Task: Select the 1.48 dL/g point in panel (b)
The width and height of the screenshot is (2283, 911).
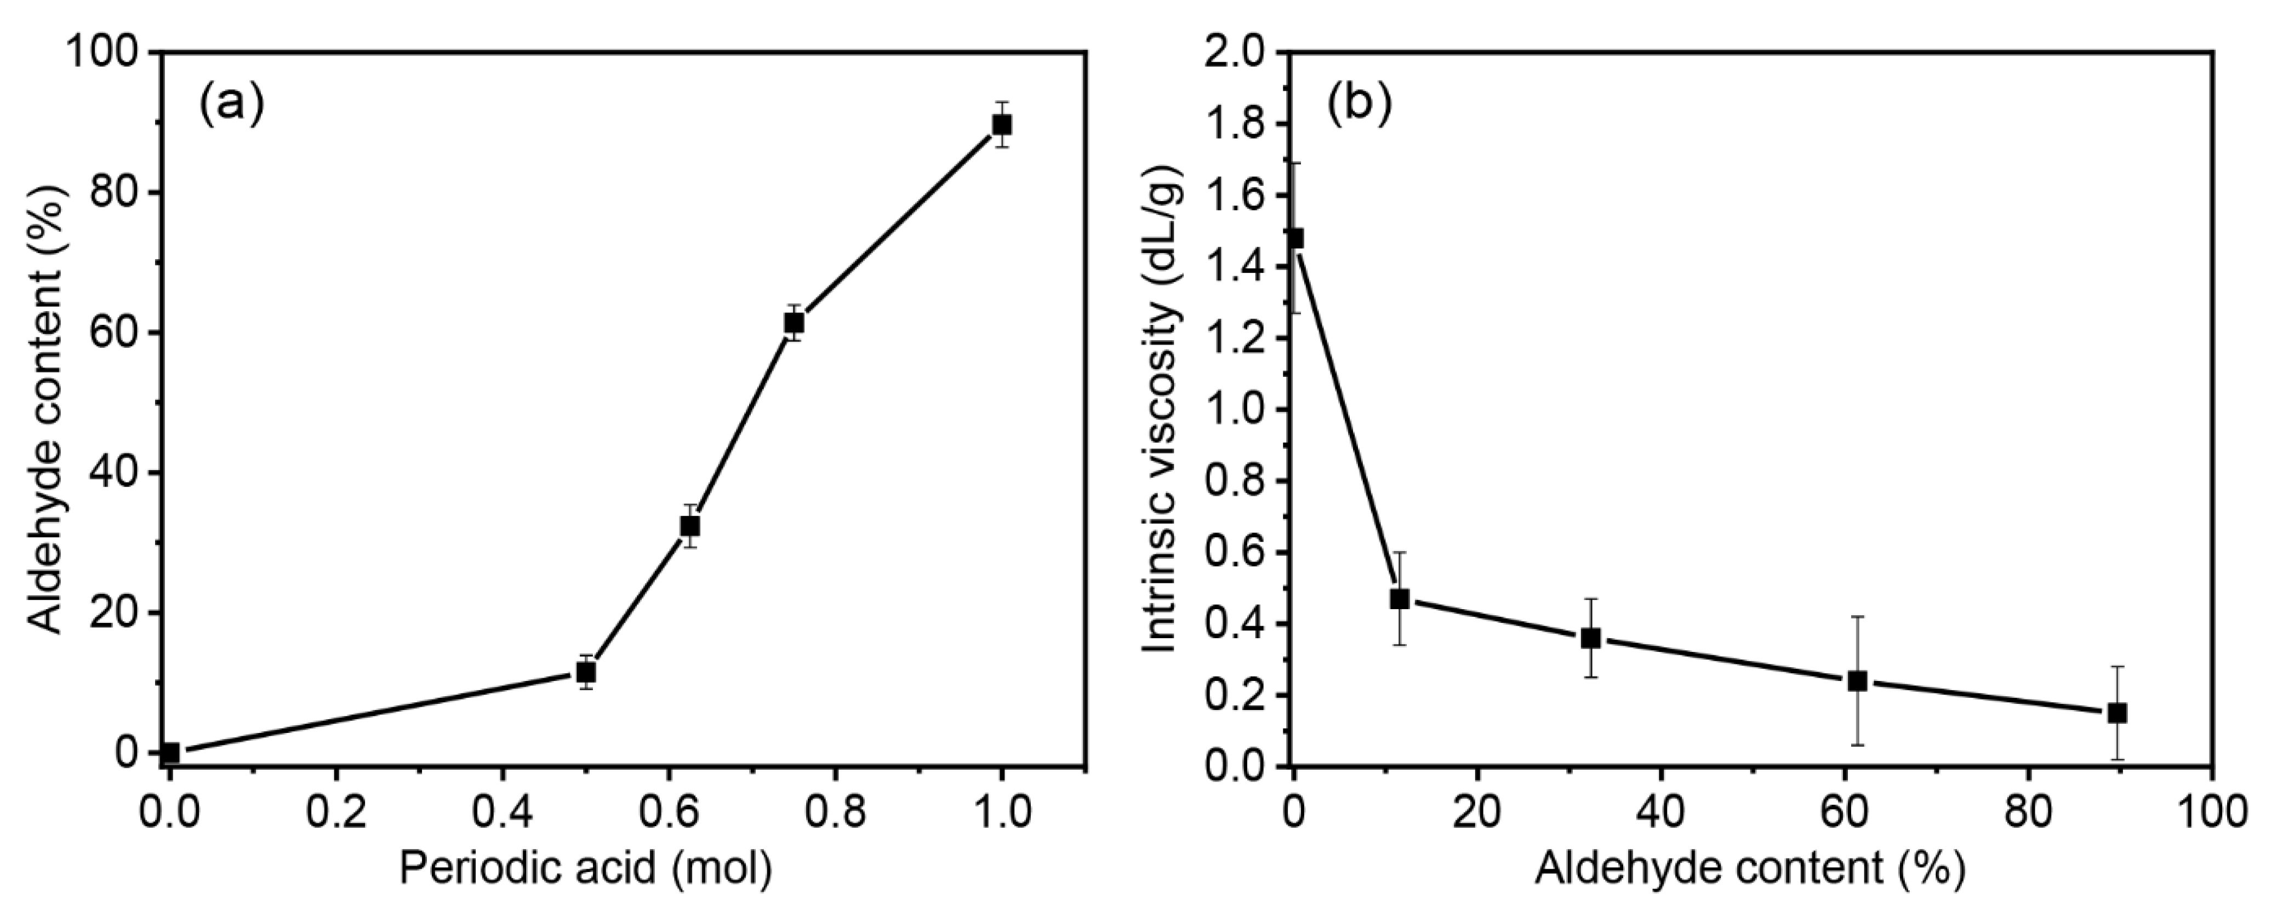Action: [x=1295, y=238]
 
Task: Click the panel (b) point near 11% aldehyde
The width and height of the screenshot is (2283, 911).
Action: [x=1400, y=599]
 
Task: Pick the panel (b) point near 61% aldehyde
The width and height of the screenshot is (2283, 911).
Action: [x=1857, y=680]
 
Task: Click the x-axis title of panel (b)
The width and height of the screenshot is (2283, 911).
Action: [x=1750, y=869]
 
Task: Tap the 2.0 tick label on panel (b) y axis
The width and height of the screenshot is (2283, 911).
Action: [x=1235, y=53]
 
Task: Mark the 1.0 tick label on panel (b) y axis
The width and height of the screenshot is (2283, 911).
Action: [x=1235, y=409]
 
